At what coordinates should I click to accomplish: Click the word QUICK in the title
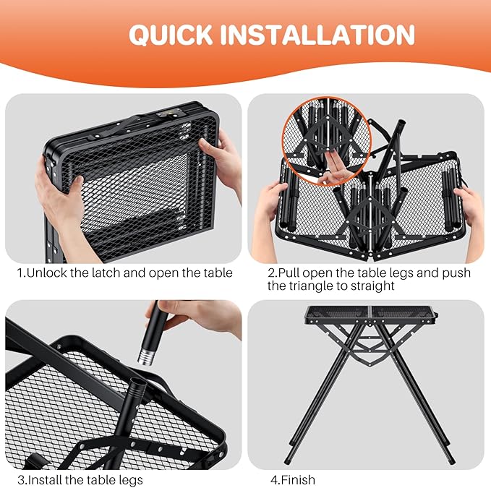pyautogui.click(x=171, y=35)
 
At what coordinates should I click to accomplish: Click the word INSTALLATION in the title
pyautogui.click(x=317, y=35)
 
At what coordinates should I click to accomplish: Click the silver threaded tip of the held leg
pyautogui.click(x=145, y=357)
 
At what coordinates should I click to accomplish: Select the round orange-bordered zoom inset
pyautogui.click(x=327, y=141)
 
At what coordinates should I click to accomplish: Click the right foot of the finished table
pyautogui.click(x=451, y=461)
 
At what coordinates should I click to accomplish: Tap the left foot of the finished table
pyautogui.click(x=287, y=461)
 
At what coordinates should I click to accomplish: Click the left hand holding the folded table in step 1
pyautogui.click(x=59, y=200)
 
